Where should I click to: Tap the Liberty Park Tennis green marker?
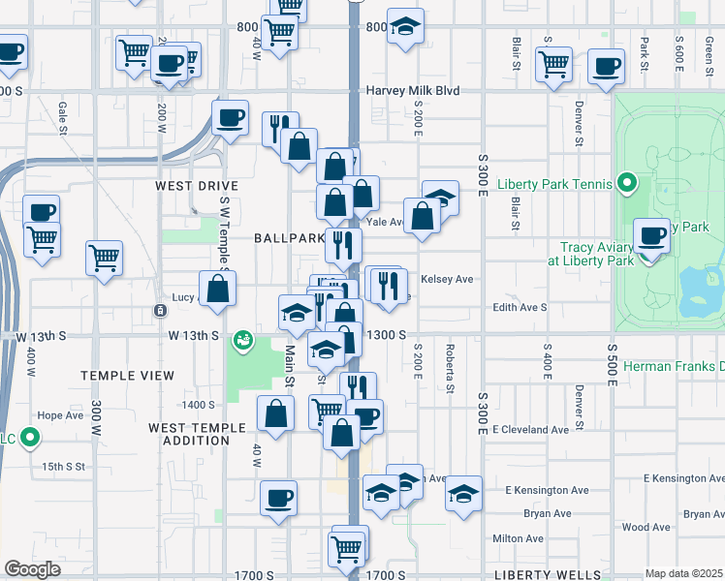[627, 183]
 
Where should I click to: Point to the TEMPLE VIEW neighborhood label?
[128, 375]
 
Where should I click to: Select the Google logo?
[32, 569]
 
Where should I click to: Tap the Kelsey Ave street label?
[448, 279]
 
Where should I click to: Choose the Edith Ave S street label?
[520, 307]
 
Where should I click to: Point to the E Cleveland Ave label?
[530, 429]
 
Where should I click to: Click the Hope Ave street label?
[60, 414]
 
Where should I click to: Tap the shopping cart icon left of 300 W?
[104, 258]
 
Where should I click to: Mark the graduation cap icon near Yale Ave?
[440, 199]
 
